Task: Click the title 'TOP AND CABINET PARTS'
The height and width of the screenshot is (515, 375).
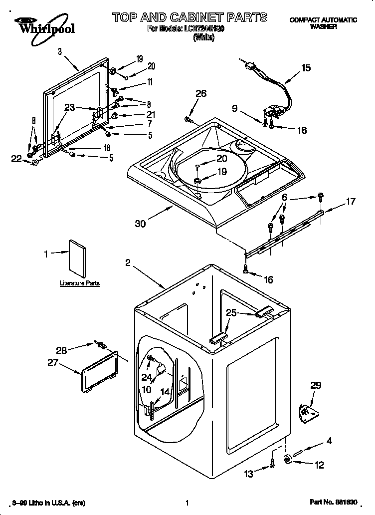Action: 189,17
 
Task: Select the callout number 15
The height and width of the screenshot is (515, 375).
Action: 306,68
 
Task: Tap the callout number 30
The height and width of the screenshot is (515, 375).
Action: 140,224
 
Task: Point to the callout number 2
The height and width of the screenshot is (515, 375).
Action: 128,263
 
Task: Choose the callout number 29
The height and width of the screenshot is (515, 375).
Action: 316,385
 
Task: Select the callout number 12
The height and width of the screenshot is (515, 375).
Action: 319,465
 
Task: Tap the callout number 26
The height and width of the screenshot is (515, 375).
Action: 200,93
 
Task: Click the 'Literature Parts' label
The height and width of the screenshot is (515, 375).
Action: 80,283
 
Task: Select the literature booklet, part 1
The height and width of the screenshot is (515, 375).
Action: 77,257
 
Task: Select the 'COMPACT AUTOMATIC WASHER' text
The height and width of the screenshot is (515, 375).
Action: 323,23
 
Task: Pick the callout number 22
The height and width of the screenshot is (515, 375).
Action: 17,159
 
